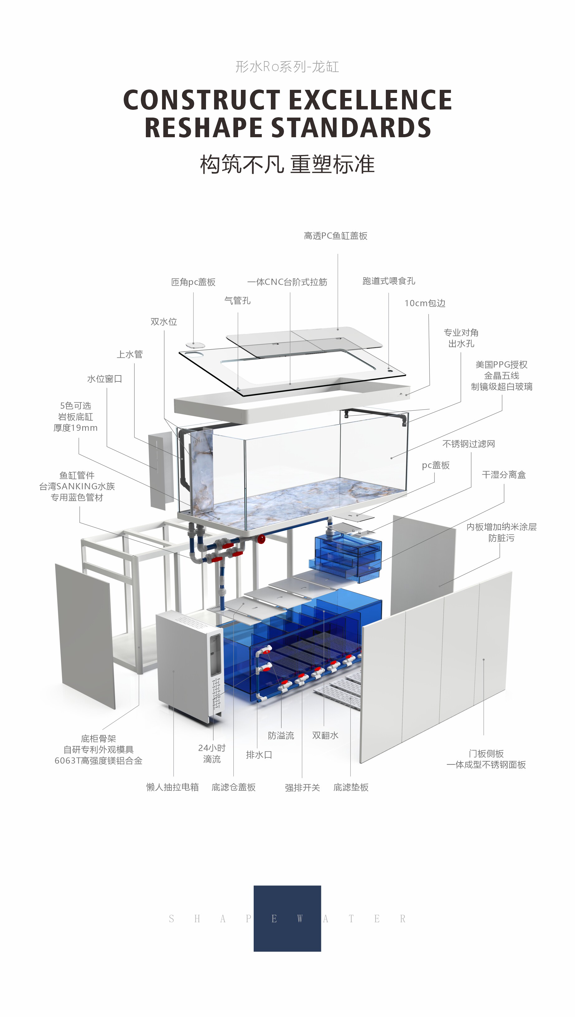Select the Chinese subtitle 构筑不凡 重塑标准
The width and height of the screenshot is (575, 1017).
[287, 164]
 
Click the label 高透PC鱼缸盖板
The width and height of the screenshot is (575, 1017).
[336, 236]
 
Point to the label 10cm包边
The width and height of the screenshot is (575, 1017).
[425, 303]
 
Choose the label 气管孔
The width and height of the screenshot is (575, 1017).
[237, 301]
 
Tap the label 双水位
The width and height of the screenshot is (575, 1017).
[164, 322]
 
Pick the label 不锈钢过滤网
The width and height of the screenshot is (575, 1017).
[469, 444]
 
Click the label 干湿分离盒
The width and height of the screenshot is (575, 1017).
[504, 475]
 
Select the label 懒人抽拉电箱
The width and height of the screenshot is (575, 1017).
[173, 787]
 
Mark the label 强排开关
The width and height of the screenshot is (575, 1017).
[303, 787]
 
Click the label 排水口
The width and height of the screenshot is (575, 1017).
[259, 755]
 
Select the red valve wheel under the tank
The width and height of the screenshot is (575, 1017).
[261, 539]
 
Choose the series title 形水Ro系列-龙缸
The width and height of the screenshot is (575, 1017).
[287, 66]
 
